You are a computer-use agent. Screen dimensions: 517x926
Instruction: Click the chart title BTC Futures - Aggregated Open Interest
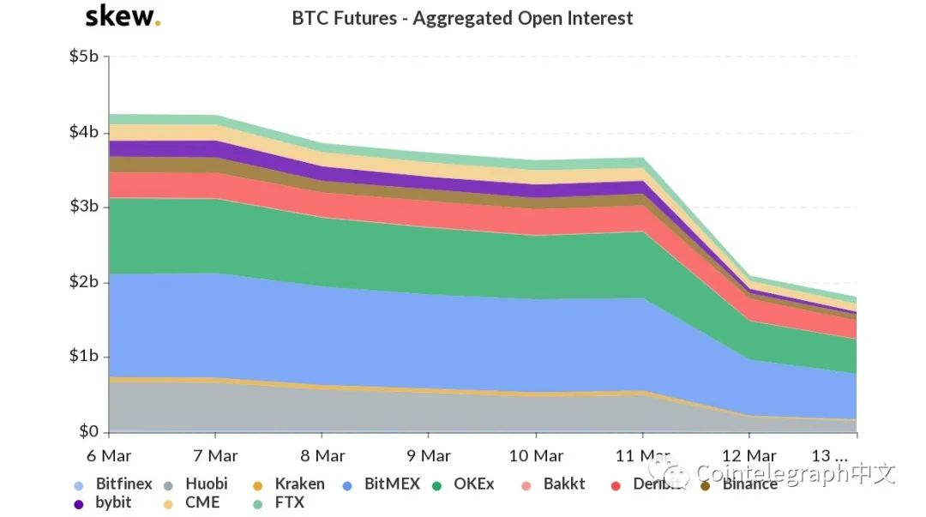pyautogui.click(x=462, y=18)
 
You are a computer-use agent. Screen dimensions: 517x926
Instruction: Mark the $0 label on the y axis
pyautogui.click(x=88, y=431)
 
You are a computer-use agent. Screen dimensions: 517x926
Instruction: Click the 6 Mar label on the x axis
pyautogui.click(x=109, y=454)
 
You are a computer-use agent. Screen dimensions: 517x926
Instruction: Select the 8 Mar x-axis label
pyautogui.click(x=322, y=454)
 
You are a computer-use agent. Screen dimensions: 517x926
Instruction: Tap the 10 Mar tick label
pyautogui.click(x=536, y=454)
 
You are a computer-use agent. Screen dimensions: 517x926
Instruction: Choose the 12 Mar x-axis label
pyautogui.click(x=749, y=454)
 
